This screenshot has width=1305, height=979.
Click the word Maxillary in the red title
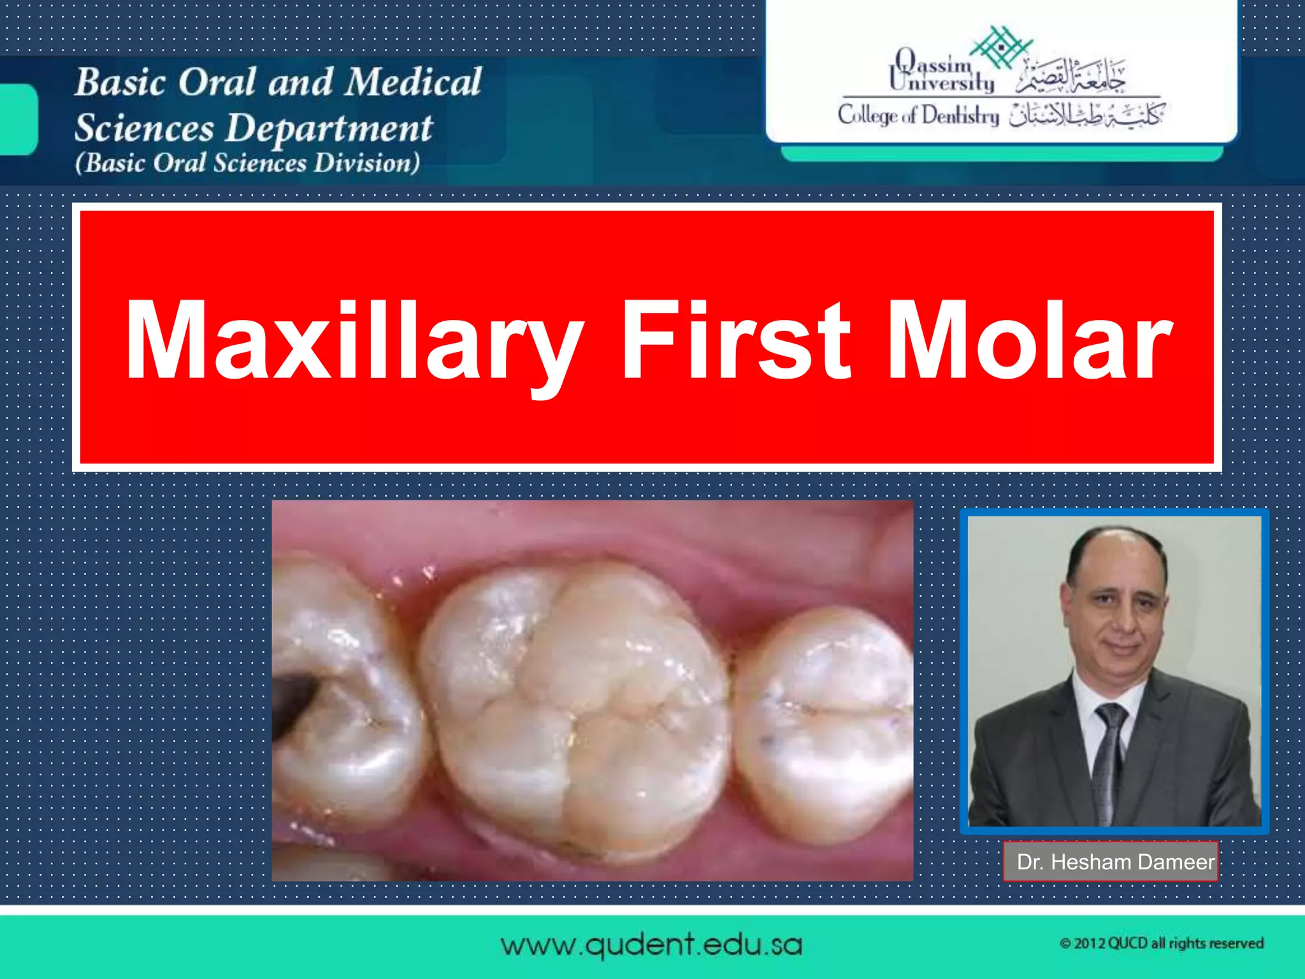(354, 341)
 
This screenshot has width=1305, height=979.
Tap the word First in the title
(735, 341)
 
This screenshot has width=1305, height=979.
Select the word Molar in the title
(1029, 341)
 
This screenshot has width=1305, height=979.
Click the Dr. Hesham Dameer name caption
(1111, 862)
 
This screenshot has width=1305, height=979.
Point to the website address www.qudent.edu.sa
(651, 945)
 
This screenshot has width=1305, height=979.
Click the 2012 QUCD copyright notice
(1161, 943)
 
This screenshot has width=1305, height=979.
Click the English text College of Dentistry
(918, 115)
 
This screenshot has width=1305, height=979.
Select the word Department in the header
(329, 128)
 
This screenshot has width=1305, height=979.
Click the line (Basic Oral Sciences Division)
(247, 163)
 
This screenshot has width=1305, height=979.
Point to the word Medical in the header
(415, 82)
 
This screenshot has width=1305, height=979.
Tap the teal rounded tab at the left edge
(18, 119)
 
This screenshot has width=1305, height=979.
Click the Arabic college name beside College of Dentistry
(1086, 115)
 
